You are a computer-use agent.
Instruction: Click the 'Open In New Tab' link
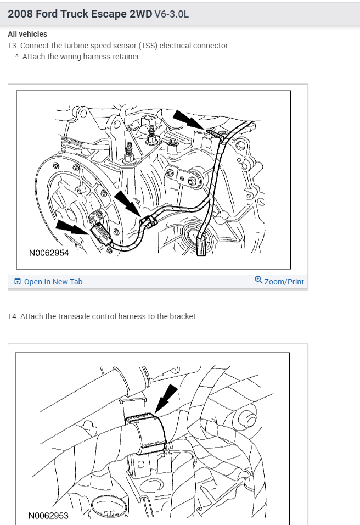click(x=53, y=282)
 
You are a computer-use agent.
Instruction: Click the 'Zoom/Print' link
click(x=284, y=282)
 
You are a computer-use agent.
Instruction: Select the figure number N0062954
click(x=49, y=253)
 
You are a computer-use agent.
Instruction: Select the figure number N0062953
click(x=48, y=516)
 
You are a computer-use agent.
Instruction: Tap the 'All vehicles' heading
click(x=27, y=34)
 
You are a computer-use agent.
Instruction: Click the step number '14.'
click(x=13, y=316)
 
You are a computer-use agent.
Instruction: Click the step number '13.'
click(x=13, y=46)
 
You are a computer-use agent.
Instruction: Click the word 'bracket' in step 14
click(x=184, y=316)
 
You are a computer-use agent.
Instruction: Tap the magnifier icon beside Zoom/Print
click(x=258, y=281)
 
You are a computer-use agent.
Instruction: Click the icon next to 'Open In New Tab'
click(x=18, y=282)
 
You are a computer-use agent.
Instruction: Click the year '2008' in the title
click(x=19, y=14)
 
